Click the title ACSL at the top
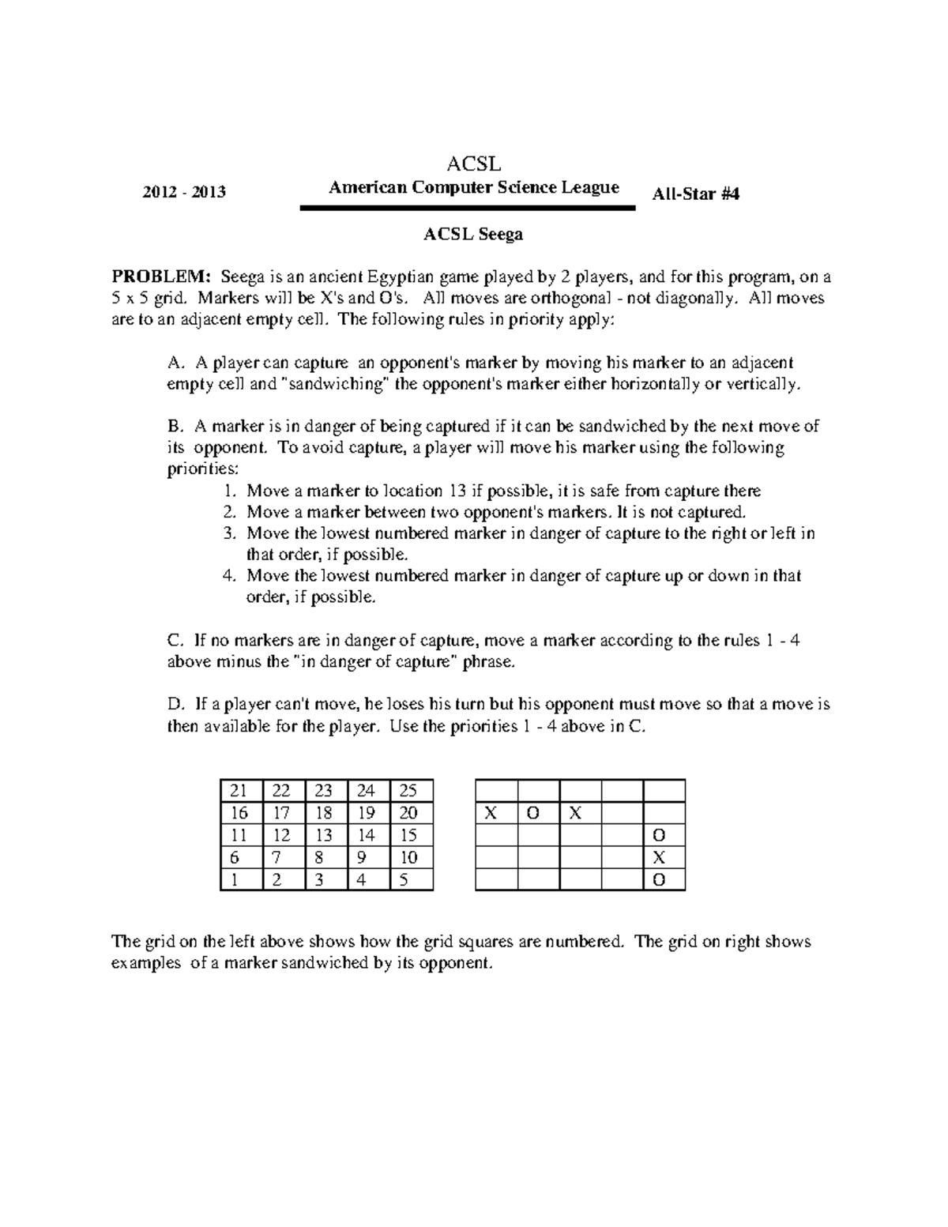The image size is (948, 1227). point(474,164)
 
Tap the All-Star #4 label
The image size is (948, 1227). point(696,194)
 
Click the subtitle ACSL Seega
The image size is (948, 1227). point(473,235)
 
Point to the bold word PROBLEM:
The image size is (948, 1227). point(162,277)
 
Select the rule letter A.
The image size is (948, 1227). point(175,363)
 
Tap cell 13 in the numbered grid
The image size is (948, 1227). point(325,836)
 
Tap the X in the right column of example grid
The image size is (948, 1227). point(659,858)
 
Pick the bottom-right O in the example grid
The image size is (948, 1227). point(659,880)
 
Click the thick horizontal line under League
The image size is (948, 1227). point(468,208)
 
